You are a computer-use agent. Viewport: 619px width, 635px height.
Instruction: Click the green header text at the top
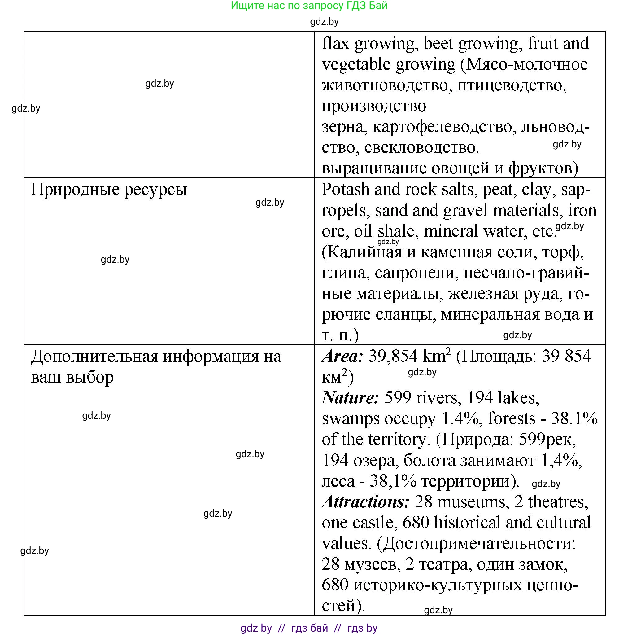309,6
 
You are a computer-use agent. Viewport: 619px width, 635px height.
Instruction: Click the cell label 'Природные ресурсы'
109,189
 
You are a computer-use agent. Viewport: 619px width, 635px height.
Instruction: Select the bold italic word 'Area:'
342,356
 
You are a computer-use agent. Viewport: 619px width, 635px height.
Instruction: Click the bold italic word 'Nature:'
350,398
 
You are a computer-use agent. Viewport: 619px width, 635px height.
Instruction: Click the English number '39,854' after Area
393,356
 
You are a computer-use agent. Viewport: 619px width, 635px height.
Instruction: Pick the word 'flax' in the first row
335,44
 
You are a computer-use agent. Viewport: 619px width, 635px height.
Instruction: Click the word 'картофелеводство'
444,127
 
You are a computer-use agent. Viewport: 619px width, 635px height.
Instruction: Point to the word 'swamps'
351,419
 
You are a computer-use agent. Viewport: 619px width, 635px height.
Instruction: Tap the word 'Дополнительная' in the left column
94,356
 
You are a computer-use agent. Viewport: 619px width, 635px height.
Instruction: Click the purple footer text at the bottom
309,628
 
